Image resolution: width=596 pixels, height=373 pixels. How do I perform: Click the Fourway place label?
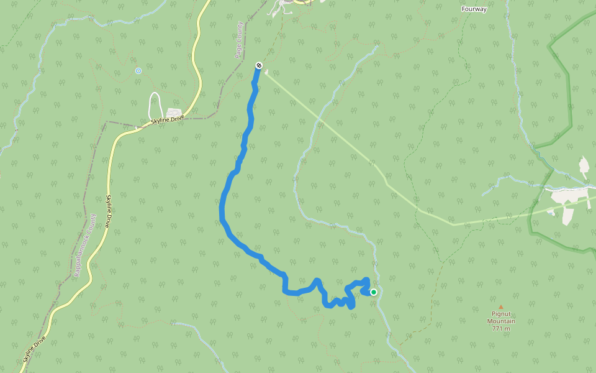tap(474, 9)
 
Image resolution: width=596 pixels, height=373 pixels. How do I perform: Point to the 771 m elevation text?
tap(500, 328)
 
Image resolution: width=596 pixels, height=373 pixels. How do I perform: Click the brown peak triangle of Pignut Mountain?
tap(500, 306)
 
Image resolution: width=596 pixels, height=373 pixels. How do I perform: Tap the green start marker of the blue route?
tap(374, 292)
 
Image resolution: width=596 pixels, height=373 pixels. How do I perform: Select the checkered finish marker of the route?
tap(259, 65)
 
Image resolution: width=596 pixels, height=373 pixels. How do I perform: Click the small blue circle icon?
tap(138, 71)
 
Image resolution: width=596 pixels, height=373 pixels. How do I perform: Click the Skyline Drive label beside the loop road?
tap(168, 120)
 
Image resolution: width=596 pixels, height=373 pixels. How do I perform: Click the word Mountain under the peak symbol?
tap(500, 321)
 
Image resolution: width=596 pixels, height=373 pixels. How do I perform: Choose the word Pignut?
tap(500, 314)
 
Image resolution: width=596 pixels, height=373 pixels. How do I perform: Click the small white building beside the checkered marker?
tap(266, 73)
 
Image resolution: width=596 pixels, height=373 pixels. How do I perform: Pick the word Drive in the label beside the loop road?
tap(177, 117)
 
